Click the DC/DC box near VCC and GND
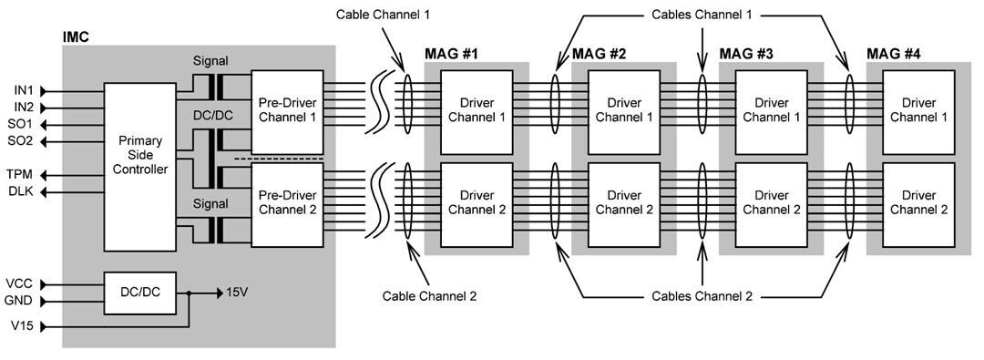pyautogui.click(x=139, y=293)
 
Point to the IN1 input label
pyautogui.click(x=23, y=91)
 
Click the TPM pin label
pyautogui.click(x=23, y=173)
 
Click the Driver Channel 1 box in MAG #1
pyautogui.click(x=477, y=109)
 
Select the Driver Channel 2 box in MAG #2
pyautogui.click(x=624, y=202)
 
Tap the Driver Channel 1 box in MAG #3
pyautogui.click(x=772, y=109)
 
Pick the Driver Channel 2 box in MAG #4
pyautogui.click(x=919, y=202)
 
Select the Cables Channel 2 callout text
pyautogui.click(x=702, y=296)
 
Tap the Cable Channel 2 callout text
pyautogui.click(x=428, y=296)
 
